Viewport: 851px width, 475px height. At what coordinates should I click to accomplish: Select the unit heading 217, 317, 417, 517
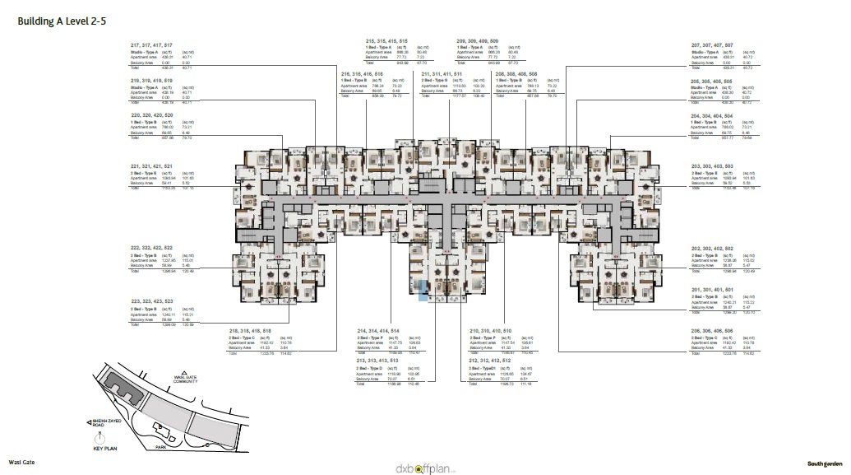[x=151, y=44]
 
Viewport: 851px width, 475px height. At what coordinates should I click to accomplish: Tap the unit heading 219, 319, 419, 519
[x=151, y=81]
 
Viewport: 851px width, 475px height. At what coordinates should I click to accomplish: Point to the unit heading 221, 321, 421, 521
[x=151, y=166]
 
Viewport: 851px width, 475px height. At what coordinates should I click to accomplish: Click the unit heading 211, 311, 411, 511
[x=441, y=74]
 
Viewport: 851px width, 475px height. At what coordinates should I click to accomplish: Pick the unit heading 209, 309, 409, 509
[x=477, y=40]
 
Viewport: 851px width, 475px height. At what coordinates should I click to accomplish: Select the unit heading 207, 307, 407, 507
[x=711, y=44]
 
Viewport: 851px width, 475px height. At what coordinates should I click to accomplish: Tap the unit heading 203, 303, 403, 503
[x=711, y=166]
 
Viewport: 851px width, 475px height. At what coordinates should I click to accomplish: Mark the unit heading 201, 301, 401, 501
[x=711, y=290]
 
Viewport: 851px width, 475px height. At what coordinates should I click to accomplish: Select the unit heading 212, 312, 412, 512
[x=490, y=360]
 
